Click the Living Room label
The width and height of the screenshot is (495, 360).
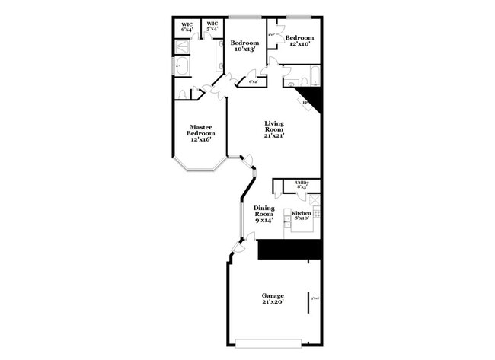pyautogui.click(x=274, y=123)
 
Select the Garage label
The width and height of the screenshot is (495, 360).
pyautogui.click(x=273, y=295)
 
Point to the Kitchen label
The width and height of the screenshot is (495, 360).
pyautogui.click(x=302, y=213)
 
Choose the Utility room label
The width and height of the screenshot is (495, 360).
pyautogui.click(x=302, y=183)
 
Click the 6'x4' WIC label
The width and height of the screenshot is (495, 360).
pyautogui.click(x=187, y=27)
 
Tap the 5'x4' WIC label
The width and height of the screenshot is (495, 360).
pyautogui.click(x=212, y=27)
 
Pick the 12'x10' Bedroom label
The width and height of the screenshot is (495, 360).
pyautogui.click(x=299, y=40)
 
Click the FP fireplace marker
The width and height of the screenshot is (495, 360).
pyautogui.click(x=305, y=102)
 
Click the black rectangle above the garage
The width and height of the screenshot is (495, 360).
pyautogui.click(x=290, y=250)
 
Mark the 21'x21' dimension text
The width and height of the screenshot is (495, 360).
pyautogui.click(x=274, y=135)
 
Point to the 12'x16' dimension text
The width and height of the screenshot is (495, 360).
pyautogui.click(x=201, y=139)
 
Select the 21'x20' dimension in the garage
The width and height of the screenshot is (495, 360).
pyautogui.click(x=273, y=302)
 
